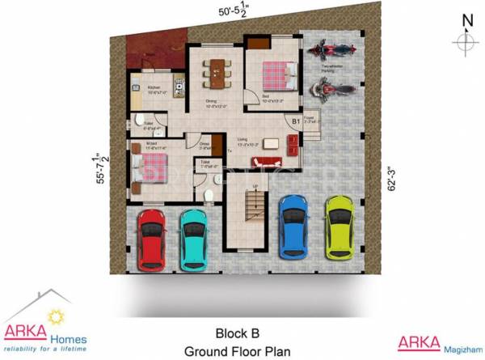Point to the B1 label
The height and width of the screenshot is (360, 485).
296,122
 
